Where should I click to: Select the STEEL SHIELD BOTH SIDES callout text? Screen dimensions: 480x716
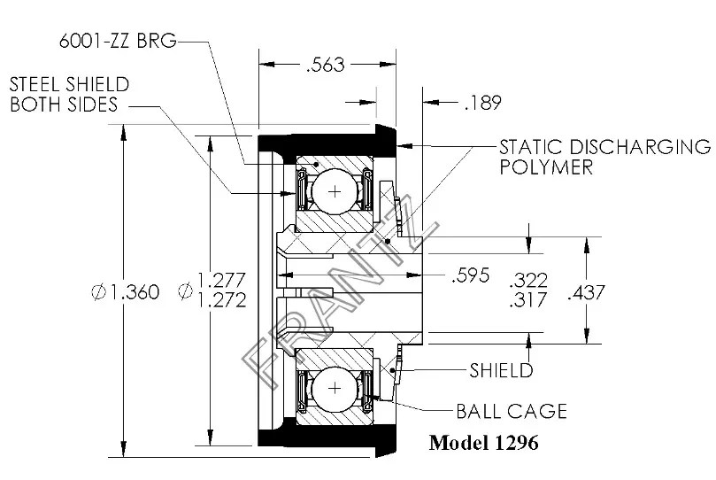pos(70,94)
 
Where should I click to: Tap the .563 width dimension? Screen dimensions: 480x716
pos(324,65)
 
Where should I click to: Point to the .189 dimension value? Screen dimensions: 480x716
pos(482,104)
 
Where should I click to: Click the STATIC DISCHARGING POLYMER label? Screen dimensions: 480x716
pos(604,156)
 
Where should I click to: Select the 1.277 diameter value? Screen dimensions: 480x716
pos(222,280)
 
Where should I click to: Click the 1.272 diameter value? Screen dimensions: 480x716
pos(222,299)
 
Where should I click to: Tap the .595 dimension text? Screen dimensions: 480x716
pos(471,275)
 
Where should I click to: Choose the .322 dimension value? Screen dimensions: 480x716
pos(529,280)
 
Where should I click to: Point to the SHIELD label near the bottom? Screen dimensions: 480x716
pos(501,370)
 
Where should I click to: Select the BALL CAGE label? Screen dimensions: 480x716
pos(511,412)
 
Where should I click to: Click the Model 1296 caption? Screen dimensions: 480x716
pos(483,442)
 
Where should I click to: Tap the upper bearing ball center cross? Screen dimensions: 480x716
pos(334,190)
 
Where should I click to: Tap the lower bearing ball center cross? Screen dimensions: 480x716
pos(334,389)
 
